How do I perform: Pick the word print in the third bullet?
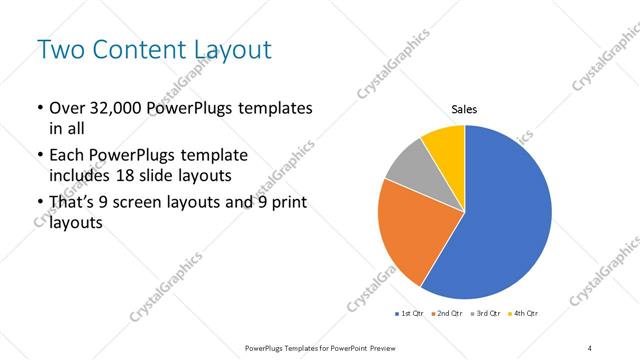pos(288,205)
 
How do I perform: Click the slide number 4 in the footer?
pos(590,347)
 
